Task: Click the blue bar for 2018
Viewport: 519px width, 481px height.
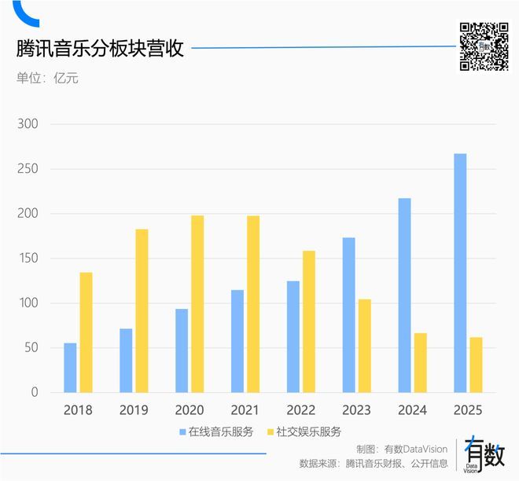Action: (x=70, y=368)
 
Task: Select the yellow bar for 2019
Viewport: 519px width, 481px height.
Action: (x=142, y=310)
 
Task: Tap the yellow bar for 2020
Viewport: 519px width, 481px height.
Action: (x=197, y=304)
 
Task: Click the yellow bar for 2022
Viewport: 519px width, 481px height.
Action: (x=308, y=321)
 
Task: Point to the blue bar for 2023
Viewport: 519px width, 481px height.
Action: (x=348, y=315)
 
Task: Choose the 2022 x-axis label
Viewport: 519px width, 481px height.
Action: (x=300, y=410)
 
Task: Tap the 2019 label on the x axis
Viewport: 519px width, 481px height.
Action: (x=134, y=410)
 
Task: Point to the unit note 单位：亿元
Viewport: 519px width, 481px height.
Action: (x=47, y=78)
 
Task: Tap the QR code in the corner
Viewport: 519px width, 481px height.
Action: (x=484, y=46)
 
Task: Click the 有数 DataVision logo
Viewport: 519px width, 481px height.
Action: (x=484, y=453)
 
